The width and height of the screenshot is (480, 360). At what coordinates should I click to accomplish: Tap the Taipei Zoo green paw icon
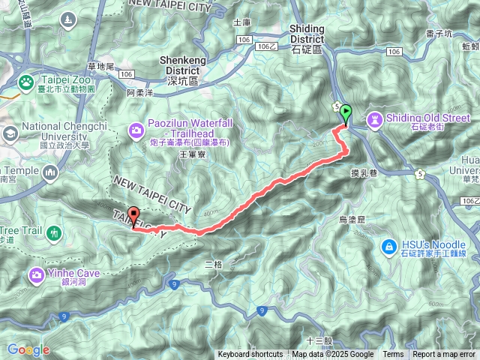point(26,81)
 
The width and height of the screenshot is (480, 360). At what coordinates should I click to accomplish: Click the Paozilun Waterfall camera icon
point(136,130)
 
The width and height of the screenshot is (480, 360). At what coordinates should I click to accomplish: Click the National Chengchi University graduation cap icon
point(10,133)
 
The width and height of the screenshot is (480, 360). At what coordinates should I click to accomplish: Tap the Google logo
point(28,349)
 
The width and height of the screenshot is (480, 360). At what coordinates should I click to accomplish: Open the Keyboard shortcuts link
point(250,355)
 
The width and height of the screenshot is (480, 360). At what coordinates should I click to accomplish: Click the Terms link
point(393,355)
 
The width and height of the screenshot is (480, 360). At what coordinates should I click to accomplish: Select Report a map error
point(445,355)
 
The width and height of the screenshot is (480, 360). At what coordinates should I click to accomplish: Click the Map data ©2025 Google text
point(332,355)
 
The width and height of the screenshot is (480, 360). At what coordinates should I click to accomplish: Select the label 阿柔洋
point(139,93)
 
